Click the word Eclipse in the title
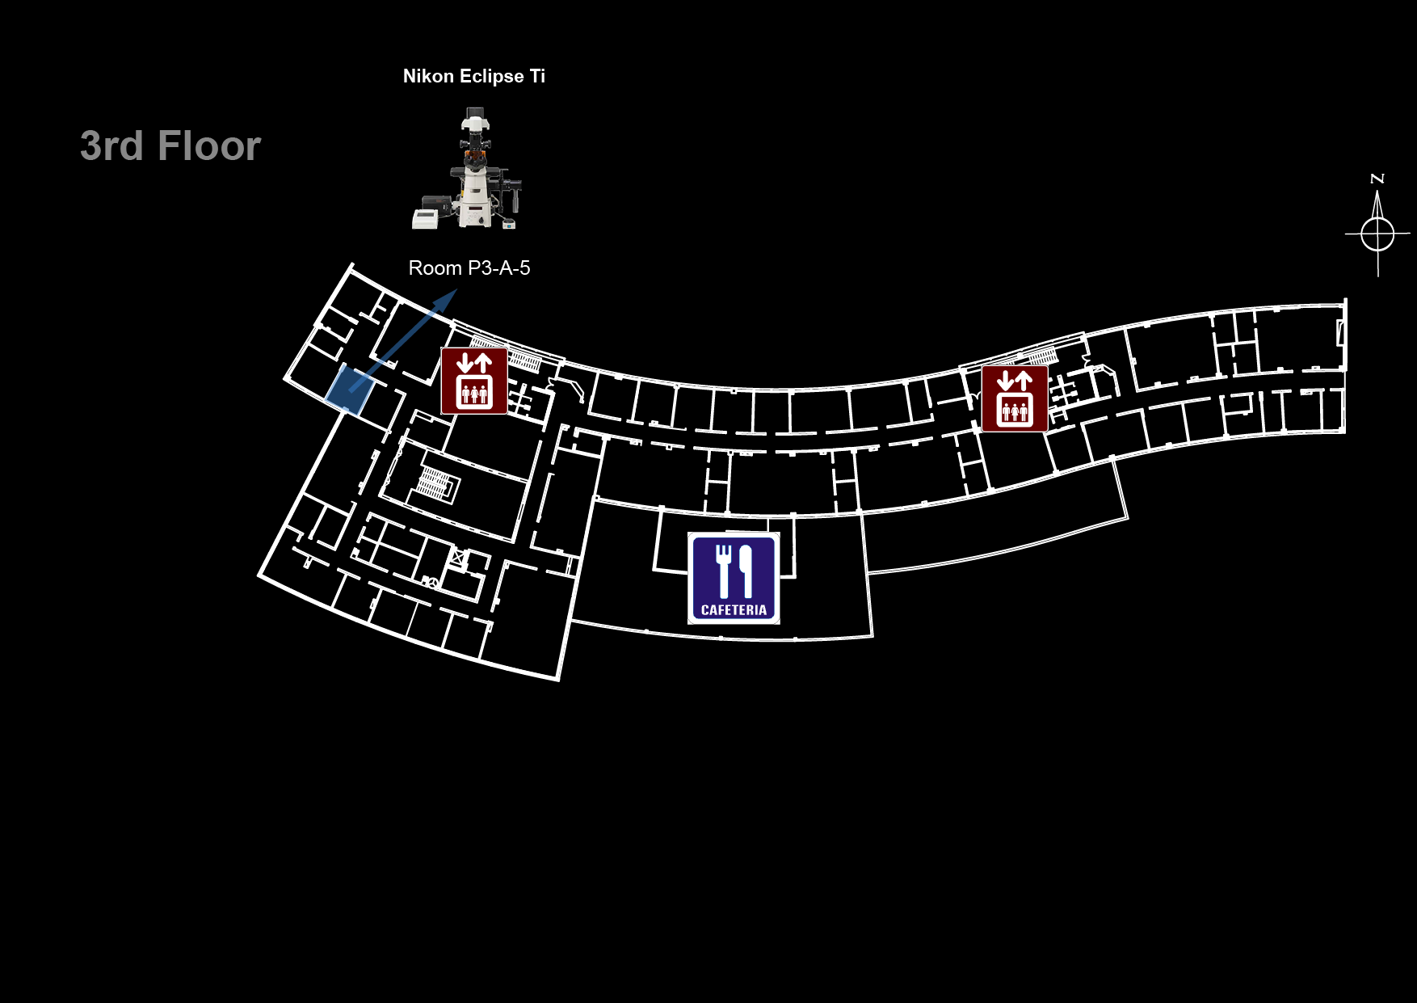click(x=492, y=77)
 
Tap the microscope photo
click(x=468, y=169)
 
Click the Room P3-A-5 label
click(x=469, y=268)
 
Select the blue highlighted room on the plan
click(x=349, y=390)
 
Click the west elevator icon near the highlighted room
click(x=474, y=381)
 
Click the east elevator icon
click(x=1015, y=398)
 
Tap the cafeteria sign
click(x=734, y=578)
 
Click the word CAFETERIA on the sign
click(x=734, y=610)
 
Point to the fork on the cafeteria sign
click(x=724, y=571)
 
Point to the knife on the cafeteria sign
click(x=745, y=571)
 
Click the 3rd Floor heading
click(x=170, y=146)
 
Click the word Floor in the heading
click(x=209, y=146)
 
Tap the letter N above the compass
click(x=1378, y=179)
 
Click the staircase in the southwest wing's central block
click(x=434, y=483)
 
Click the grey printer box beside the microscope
click(x=425, y=218)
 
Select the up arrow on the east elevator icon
click(x=1024, y=380)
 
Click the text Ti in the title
click(x=537, y=76)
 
